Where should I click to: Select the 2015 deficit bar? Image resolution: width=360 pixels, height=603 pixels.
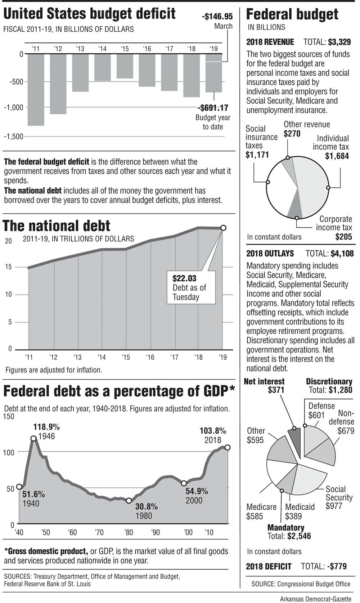pos(125,66)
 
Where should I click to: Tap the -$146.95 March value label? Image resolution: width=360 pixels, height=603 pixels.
pos(217,17)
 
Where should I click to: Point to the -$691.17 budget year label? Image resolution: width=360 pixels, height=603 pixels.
pos(213,108)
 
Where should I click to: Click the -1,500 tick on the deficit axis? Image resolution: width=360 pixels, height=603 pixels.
pos(13,136)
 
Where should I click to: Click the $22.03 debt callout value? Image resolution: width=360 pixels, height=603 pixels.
pos(184,278)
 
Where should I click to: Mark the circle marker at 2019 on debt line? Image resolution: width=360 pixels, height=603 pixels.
pos(223,228)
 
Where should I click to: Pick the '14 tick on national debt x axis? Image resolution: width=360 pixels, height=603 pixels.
pos(102,357)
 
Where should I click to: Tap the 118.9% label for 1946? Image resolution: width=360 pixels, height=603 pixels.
pos(46,427)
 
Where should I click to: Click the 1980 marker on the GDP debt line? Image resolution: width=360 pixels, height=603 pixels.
pos(129,500)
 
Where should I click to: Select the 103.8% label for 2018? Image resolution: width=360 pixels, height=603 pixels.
pos(213,431)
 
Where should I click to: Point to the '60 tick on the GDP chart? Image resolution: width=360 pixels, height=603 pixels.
pos(72,532)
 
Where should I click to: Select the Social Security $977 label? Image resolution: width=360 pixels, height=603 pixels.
pos(339,497)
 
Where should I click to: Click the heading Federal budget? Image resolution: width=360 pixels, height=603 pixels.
pos(292,14)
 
